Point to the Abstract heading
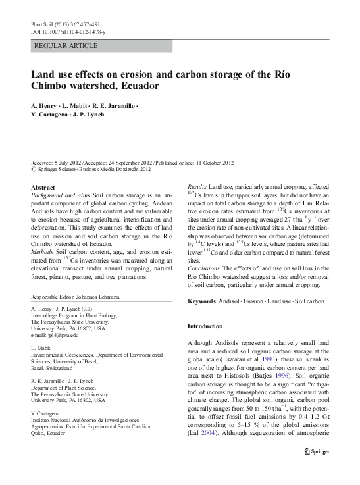pyautogui.click(x=43, y=188)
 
